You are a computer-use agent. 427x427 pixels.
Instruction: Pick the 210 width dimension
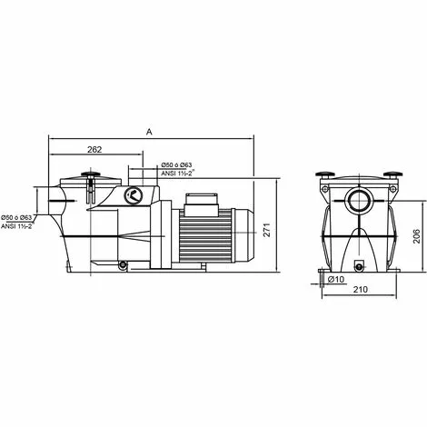click(359, 290)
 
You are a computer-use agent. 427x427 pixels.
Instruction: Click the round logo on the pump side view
click(134, 194)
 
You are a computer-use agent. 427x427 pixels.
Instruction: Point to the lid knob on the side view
click(90, 175)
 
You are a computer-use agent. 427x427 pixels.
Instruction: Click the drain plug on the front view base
click(359, 266)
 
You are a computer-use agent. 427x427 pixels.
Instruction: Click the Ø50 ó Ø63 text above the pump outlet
click(180, 165)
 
